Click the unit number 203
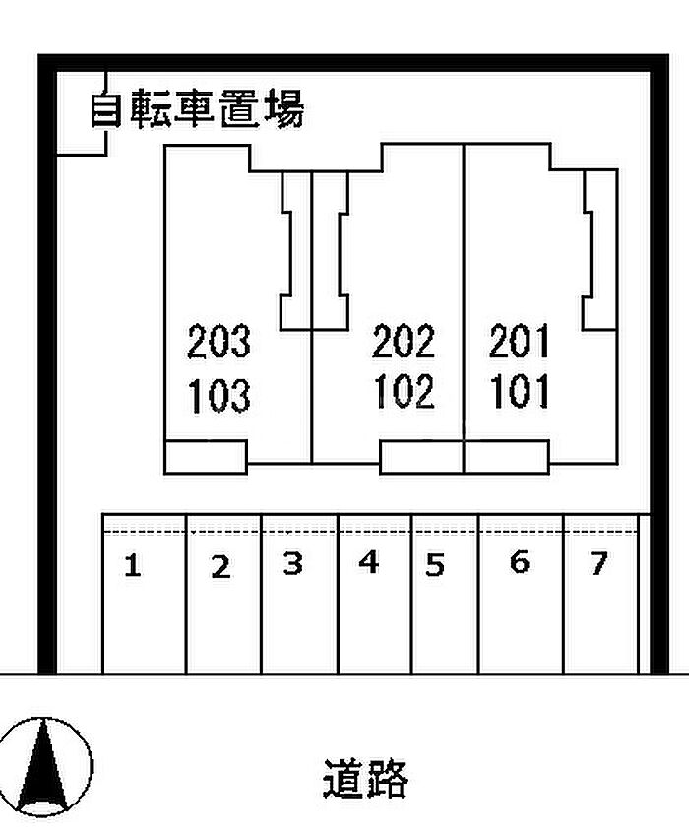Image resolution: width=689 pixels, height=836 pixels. tap(219, 341)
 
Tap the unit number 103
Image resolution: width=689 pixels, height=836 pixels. tap(219, 396)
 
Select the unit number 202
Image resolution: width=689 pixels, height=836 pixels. tap(404, 341)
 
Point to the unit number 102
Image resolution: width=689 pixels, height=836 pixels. tap(404, 391)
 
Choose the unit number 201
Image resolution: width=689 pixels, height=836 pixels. tap(519, 341)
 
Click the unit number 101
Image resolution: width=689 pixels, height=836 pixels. tap(519, 391)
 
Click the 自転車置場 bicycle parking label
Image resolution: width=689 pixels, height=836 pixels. tap(197, 108)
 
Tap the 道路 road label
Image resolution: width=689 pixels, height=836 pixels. tap(365, 779)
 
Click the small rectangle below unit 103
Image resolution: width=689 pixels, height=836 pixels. tap(206, 457)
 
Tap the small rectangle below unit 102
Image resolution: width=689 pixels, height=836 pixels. tap(421, 457)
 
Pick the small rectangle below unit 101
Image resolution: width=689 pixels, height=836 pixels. tap(507, 457)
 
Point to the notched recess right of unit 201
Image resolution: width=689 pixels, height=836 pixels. tap(600, 250)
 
